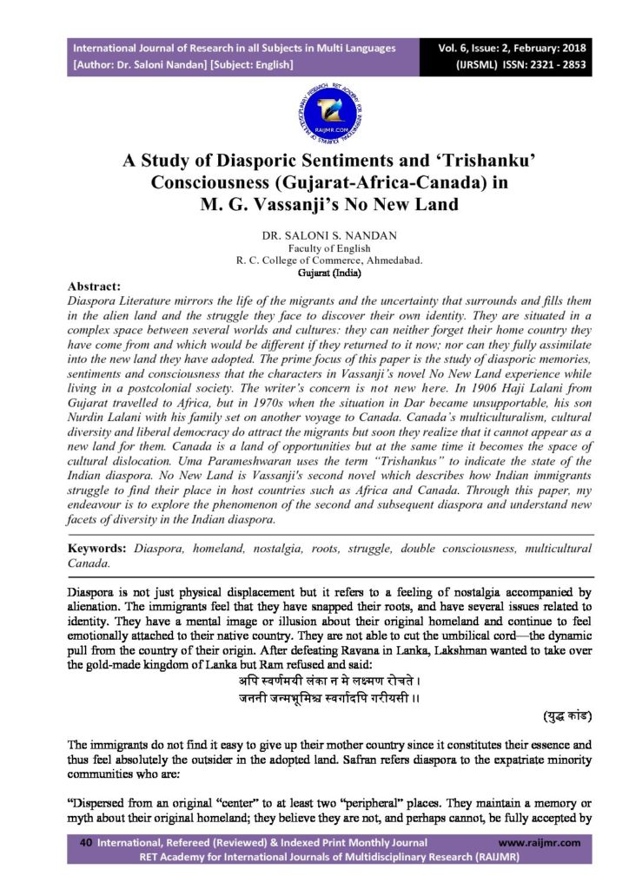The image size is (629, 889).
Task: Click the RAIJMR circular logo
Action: tap(314, 109)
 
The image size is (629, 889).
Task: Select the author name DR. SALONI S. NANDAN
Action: tap(314, 235)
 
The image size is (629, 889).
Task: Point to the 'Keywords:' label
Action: tap(98, 550)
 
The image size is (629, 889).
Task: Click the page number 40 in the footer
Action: tap(85, 842)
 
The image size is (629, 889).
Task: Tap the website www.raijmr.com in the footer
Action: tap(540, 842)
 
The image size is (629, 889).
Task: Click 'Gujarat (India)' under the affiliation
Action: tap(314, 272)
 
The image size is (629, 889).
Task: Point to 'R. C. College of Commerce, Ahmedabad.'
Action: tap(314, 260)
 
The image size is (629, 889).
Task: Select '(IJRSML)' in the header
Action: tap(476, 64)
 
